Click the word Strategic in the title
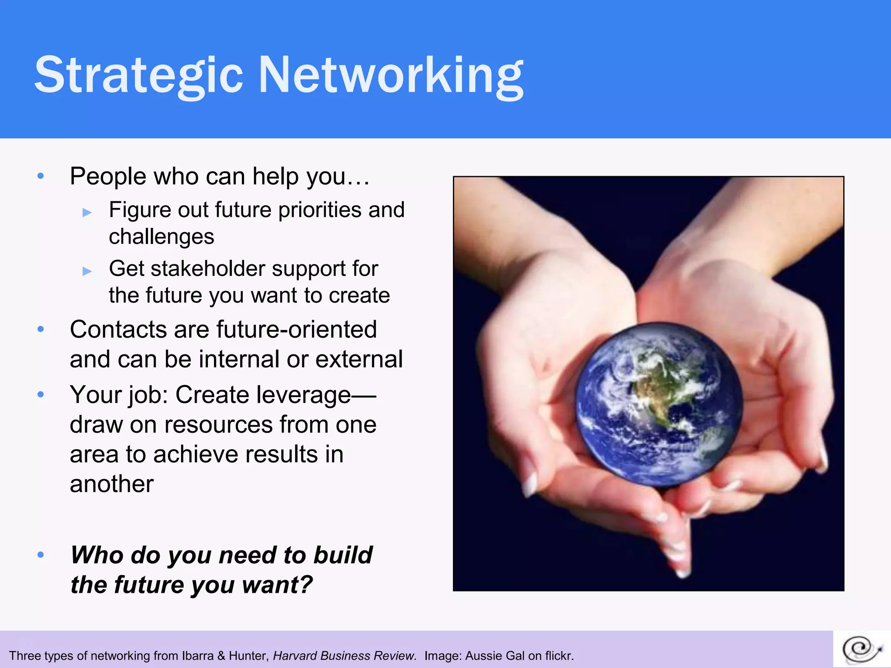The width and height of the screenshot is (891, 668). (138, 75)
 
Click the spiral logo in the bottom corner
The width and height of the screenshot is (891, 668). (861, 650)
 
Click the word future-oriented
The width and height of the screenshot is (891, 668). (296, 329)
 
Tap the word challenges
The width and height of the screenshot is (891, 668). (161, 237)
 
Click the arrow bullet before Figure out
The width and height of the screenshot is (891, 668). (87, 213)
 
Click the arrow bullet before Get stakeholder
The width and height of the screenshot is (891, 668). (87, 271)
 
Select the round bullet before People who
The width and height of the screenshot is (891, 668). (41, 176)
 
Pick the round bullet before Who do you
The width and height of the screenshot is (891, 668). (41, 555)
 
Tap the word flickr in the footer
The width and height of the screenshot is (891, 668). (558, 656)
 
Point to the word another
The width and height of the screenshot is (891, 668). (112, 484)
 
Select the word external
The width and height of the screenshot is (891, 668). (359, 359)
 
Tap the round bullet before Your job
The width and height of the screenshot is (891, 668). (41, 395)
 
